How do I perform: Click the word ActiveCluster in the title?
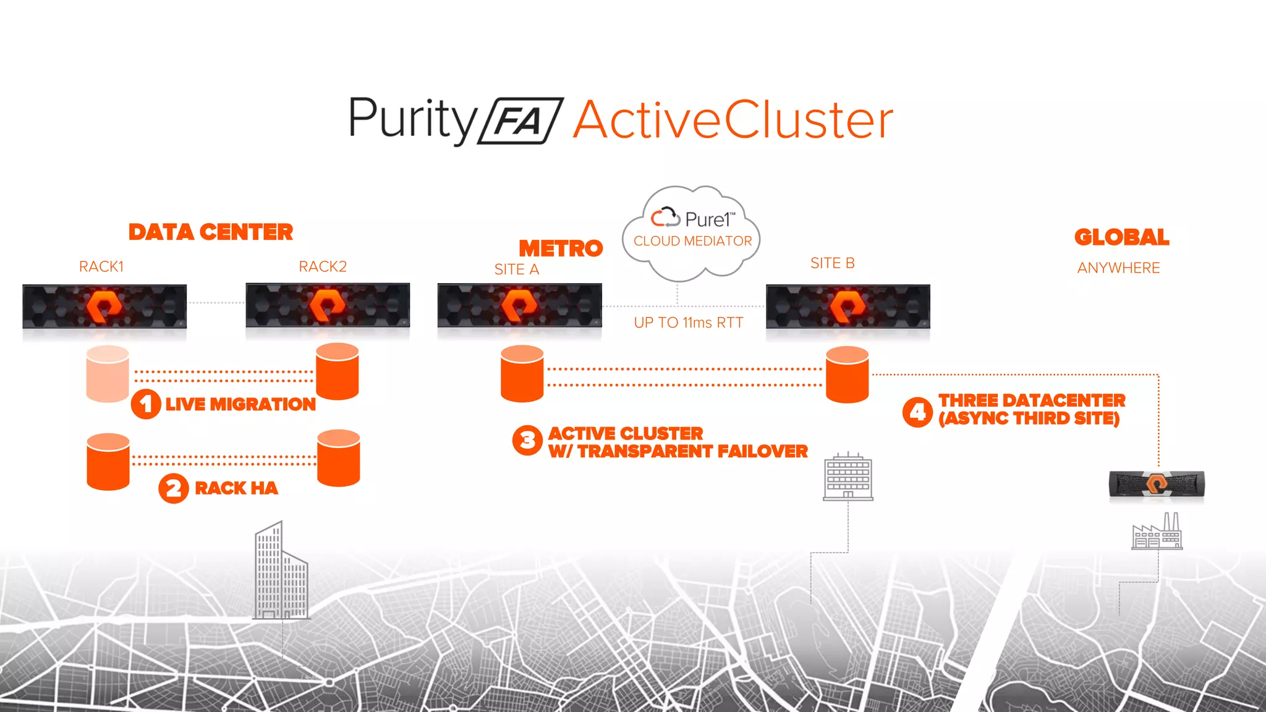[733, 120]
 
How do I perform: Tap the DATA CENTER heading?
[211, 232]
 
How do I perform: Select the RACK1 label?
[101, 266]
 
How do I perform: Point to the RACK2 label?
[323, 266]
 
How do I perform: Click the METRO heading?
[560, 248]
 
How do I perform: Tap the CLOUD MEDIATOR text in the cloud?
[692, 241]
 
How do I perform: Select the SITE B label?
[832, 263]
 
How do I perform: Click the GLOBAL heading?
[1121, 237]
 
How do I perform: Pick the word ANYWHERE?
[1118, 268]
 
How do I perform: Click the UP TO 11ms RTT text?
[688, 323]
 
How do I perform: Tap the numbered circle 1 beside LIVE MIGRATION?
[146, 404]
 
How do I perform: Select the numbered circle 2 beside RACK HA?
[174, 488]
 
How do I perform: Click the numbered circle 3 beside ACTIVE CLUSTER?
[527, 440]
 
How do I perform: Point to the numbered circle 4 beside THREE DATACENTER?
[917, 412]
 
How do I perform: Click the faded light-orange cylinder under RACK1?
[108, 374]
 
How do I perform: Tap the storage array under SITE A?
[519, 306]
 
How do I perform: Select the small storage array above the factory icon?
[1157, 484]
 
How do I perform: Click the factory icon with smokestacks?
[1157, 532]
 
